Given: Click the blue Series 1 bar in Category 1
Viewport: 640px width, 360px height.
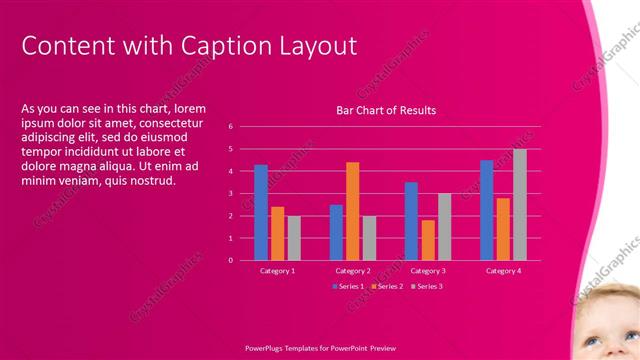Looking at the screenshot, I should tap(261, 212).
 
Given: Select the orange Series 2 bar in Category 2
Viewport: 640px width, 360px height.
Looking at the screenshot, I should tap(353, 211).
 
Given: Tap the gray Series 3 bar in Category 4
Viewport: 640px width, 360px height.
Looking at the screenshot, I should tap(519, 205).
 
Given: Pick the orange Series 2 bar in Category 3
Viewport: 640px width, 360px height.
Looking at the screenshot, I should tap(428, 240).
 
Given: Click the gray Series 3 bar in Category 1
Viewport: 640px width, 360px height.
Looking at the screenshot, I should tap(294, 238).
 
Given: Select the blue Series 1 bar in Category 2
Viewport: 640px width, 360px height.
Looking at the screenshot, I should tap(336, 232).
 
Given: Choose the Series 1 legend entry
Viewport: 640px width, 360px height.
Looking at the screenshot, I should tap(347, 286).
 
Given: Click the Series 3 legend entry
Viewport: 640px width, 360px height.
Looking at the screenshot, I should tap(426, 286).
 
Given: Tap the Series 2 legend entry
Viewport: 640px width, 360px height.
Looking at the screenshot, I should tap(387, 286).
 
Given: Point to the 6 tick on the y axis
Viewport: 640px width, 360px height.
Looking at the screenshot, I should tap(230, 127).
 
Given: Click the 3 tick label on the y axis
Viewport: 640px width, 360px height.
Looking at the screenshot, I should tap(230, 193).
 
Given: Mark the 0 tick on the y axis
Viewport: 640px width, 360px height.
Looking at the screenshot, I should tap(230, 260).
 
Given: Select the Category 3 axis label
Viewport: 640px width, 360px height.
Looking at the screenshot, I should tap(428, 271).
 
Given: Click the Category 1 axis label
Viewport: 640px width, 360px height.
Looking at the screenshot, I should tap(277, 271).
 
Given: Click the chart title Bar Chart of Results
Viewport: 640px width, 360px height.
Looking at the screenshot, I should tap(385, 110).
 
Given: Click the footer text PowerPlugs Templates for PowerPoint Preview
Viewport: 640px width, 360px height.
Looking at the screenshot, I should tap(320, 347).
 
